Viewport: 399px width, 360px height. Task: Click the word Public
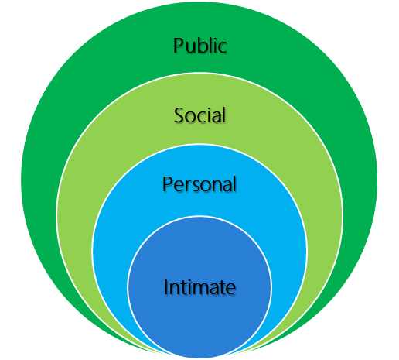(199, 45)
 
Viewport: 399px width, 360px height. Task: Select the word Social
(199, 115)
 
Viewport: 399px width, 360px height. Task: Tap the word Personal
(199, 185)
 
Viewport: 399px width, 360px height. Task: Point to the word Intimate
(199, 288)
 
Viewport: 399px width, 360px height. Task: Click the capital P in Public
(179, 45)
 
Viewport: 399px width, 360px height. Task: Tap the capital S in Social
(179, 116)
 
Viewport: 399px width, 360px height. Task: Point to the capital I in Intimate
(166, 287)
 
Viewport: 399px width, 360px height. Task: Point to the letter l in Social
(223, 115)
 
